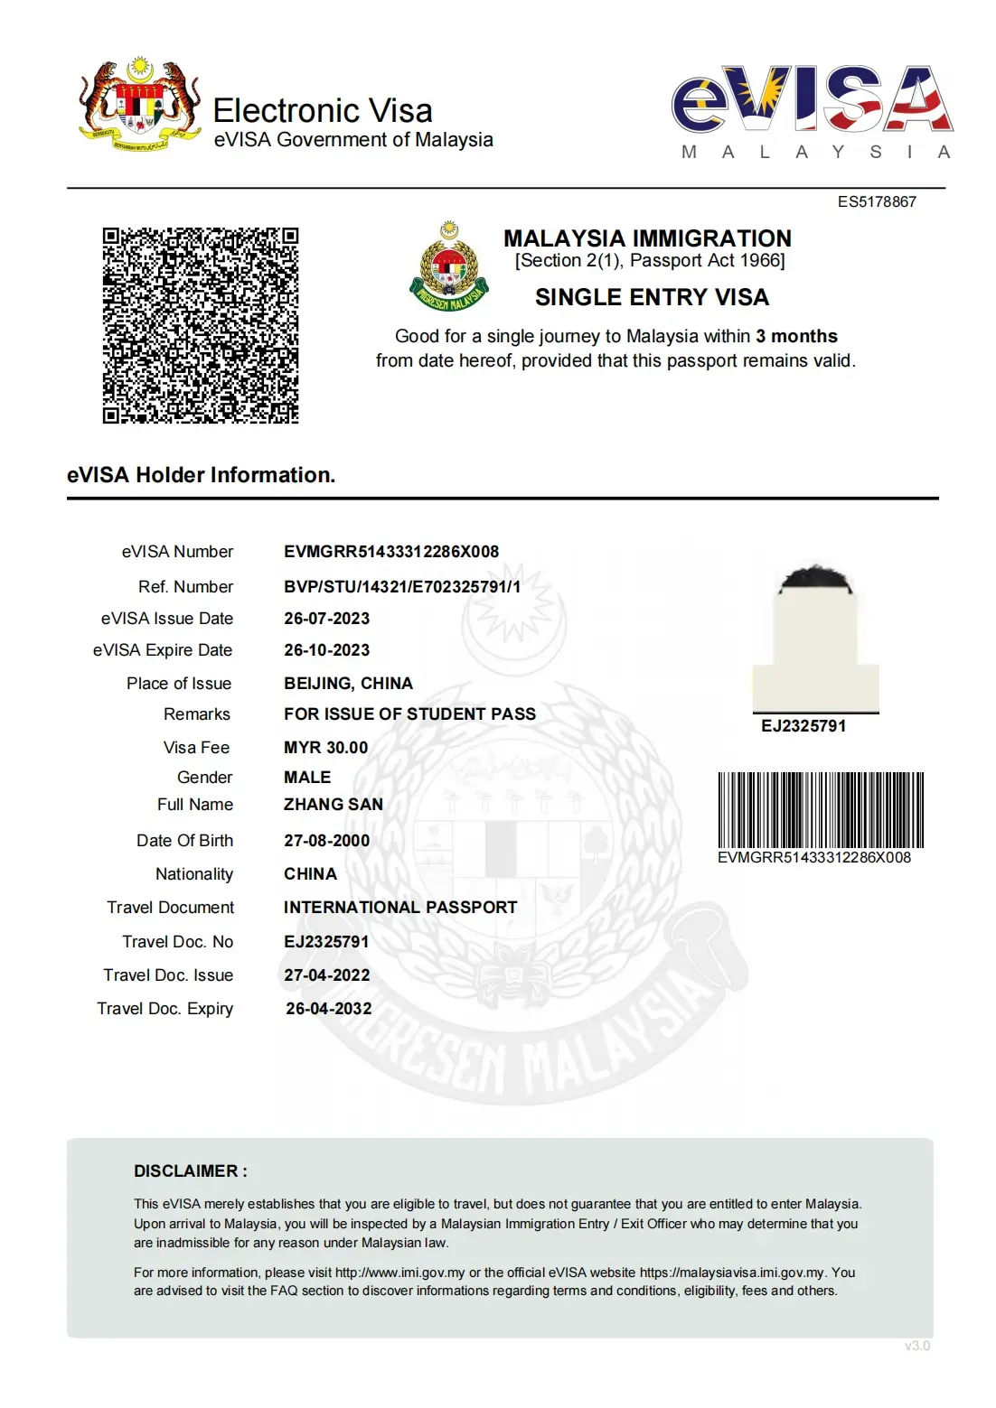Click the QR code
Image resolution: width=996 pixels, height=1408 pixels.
pyautogui.click(x=201, y=325)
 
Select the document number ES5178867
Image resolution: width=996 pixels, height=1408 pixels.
pyautogui.click(x=876, y=202)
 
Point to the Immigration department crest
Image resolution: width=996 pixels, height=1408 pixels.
pyautogui.click(x=449, y=266)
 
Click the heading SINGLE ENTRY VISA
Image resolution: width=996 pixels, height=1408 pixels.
pyautogui.click(x=652, y=297)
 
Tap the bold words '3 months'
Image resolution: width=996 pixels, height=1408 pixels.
pyautogui.click(x=796, y=336)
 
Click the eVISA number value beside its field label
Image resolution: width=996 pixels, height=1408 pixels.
pyautogui.click(x=391, y=552)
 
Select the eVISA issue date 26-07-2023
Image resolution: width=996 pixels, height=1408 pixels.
pyautogui.click(x=326, y=619)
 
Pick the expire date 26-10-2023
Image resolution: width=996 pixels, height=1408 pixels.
pyautogui.click(x=326, y=650)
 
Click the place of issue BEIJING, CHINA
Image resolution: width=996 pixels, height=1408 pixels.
pyautogui.click(x=348, y=684)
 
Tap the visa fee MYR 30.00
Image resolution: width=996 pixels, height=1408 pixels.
pyautogui.click(x=325, y=748)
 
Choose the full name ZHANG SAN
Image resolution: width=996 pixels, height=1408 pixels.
pyautogui.click(x=334, y=805)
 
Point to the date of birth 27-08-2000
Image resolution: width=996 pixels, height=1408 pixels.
pyautogui.click(x=326, y=841)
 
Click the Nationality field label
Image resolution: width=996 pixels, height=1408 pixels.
pyautogui.click(x=194, y=874)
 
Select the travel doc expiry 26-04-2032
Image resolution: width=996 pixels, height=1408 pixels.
pyautogui.click(x=328, y=1009)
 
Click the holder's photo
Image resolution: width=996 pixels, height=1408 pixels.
pyautogui.click(x=815, y=639)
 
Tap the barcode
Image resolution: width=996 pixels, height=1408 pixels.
pyautogui.click(x=820, y=809)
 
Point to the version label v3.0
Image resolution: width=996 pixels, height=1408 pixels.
pyautogui.click(x=916, y=1346)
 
